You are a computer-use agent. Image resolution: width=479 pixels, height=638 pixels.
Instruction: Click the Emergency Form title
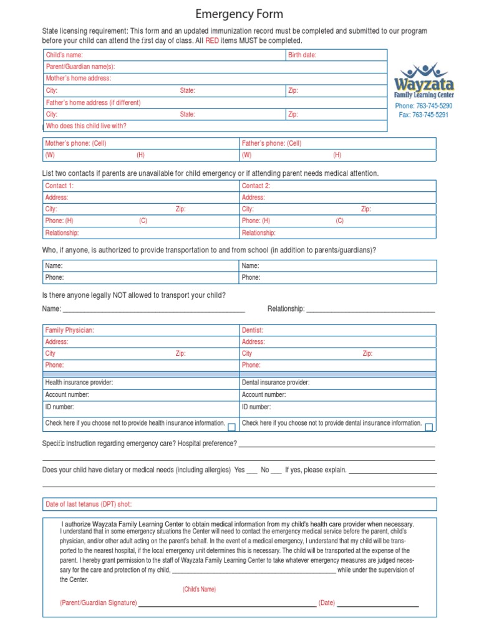(239, 14)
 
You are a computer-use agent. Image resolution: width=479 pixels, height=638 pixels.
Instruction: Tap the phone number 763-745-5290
(423, 106)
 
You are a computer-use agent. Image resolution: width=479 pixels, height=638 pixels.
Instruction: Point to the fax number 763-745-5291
(423, 115)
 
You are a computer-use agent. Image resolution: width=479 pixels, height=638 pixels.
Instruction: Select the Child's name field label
(64, 55)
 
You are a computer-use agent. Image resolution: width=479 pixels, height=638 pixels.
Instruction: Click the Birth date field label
(302, 55)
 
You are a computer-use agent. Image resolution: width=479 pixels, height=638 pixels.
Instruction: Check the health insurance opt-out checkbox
(231, 427)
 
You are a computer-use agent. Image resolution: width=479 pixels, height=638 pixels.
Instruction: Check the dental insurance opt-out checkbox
(428, 427)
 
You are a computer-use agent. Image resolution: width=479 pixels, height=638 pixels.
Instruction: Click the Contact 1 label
(59, 186)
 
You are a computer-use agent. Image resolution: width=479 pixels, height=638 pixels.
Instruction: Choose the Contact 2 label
(256, 186)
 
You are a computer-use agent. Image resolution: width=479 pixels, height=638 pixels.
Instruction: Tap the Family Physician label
(69, 330)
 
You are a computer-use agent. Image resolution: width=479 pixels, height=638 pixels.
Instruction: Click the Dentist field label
(253, 330)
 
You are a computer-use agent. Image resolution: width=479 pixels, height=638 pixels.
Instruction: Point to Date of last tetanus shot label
(89, 504)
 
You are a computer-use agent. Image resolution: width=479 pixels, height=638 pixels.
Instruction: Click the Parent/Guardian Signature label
(98, 603)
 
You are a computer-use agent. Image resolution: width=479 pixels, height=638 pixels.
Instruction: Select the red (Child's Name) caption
(199, 589)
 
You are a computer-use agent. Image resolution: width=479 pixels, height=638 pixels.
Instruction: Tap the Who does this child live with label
(86, 126)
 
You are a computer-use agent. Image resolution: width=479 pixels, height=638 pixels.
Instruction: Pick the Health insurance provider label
(79, 383)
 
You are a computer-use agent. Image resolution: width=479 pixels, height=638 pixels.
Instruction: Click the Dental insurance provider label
(275, 383)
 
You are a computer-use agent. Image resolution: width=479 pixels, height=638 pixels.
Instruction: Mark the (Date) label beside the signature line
(327, 603)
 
